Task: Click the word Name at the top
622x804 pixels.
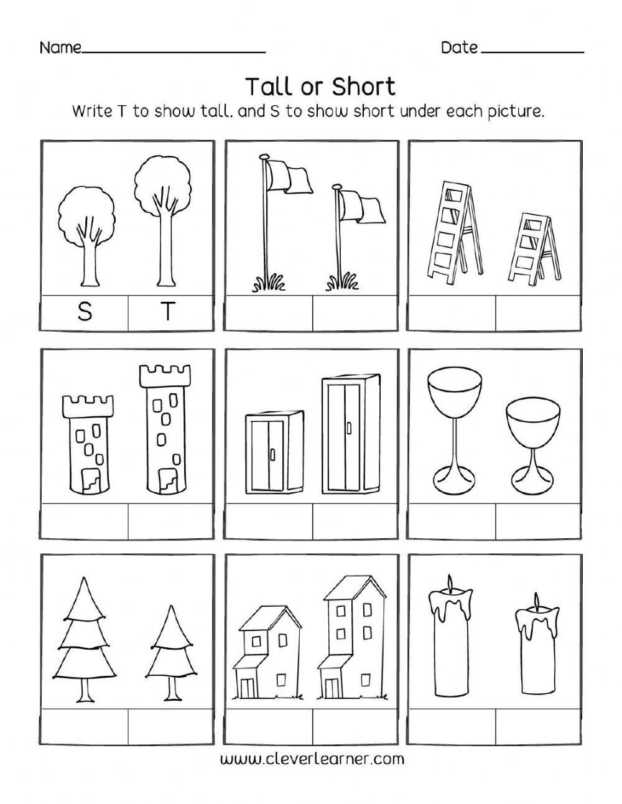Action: coord(60,48)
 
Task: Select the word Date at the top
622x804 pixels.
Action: coord(459,47)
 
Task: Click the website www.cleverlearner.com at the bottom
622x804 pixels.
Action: coord(312,759)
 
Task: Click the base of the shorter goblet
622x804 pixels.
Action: coord(529,480)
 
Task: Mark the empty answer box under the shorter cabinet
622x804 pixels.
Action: coord(269,521)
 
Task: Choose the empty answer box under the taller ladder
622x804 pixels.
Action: coord(452,312)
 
